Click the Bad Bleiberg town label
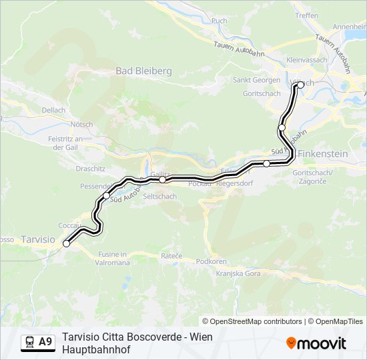coord(143,71)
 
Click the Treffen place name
coord(306,15)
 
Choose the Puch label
coord(219,21)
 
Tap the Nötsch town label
coord(81,124)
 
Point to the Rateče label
coord(171,255)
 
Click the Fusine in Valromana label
coord(113,259)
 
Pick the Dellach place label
coord(53,110)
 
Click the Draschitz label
coord(91,169)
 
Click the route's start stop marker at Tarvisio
coord(66,244)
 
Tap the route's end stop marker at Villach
coord(295,85)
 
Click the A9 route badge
coord(38,342)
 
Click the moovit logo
coord(316,343)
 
